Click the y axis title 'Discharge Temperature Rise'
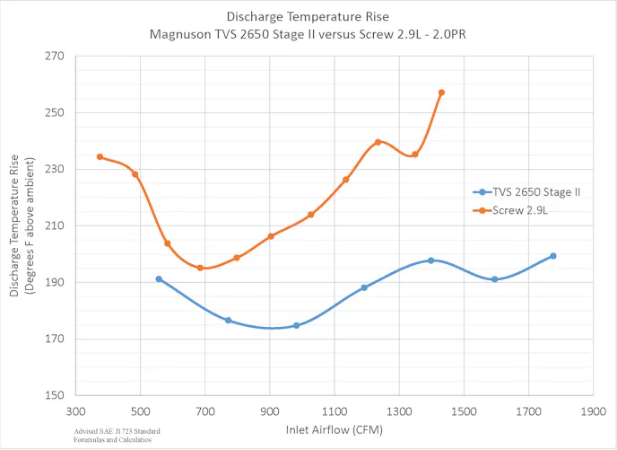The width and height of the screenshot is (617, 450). (15, 225)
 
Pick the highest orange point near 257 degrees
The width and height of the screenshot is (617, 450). (441, 93)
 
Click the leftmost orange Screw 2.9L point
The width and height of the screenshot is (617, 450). (100, 156)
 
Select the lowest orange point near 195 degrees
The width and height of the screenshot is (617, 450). (200, 268)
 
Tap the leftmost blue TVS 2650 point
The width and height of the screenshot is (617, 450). (159, 278)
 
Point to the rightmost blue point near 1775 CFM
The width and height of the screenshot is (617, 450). (552, 256)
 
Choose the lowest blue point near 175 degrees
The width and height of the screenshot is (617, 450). (296, 325)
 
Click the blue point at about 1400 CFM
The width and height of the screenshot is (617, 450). (430, 260)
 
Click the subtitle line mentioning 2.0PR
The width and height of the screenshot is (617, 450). (308, 35)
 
